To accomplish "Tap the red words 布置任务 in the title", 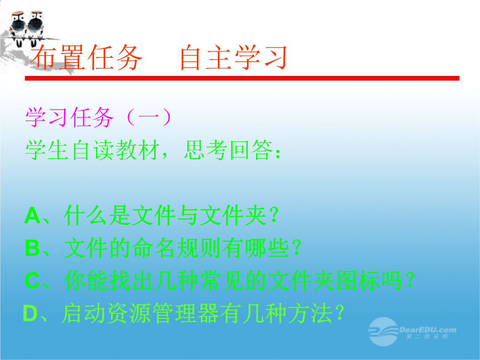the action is (87, 57).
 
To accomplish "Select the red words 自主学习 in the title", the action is (233, 57).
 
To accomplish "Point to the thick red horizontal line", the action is (242, 78).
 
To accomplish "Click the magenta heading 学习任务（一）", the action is (98, 117).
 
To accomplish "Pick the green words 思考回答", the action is (228, 150).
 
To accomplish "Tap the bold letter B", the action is (32, 248).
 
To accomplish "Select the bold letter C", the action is (32, 280).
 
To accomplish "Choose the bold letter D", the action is (30, 313).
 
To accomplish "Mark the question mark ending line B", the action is (296, 248).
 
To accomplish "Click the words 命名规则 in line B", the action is (176, 248).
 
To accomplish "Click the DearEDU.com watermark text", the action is (428, 330).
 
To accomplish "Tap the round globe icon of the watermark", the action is (383, 332).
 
